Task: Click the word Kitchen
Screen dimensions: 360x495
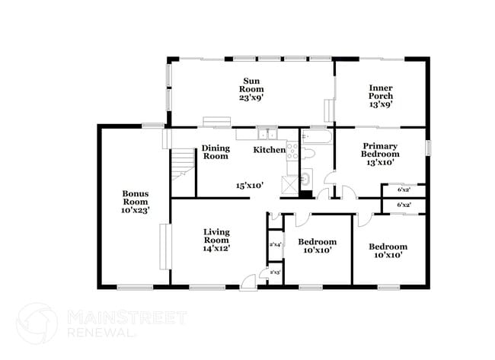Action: coord(269,150)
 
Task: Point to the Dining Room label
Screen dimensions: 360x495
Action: coord(216,152)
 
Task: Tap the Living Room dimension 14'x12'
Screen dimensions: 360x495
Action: coord(216,248)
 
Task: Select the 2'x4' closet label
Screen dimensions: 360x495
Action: coord(276,244)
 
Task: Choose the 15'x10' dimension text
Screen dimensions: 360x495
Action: coord(250,185)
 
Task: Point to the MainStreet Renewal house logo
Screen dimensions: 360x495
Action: coord(37,322)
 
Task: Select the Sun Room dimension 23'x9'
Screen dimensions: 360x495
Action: coord(252,97)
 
